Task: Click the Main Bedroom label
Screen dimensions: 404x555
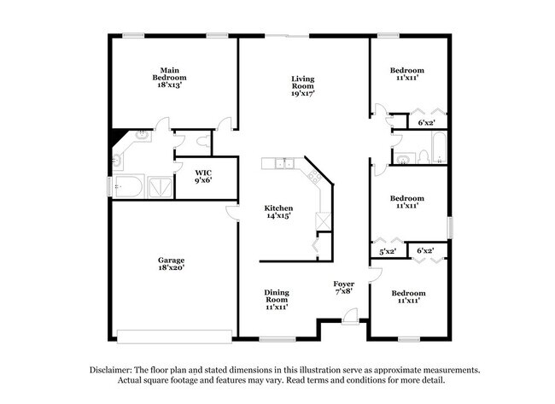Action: tap(169, 78)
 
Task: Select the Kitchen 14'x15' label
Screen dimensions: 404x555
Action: tap(278, 212)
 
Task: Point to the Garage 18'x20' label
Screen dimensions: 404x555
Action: tap(171, 264)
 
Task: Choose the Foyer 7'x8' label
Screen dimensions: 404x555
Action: tap(344, 288)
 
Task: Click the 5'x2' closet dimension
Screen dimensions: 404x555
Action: tap(388, 251)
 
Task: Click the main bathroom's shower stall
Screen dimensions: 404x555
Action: tap(157, 186)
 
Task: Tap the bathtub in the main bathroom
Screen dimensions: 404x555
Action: tap(128, 186)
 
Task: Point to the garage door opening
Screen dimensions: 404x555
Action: tap(174, 334)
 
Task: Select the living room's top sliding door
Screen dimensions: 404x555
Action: tap(296, 36)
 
